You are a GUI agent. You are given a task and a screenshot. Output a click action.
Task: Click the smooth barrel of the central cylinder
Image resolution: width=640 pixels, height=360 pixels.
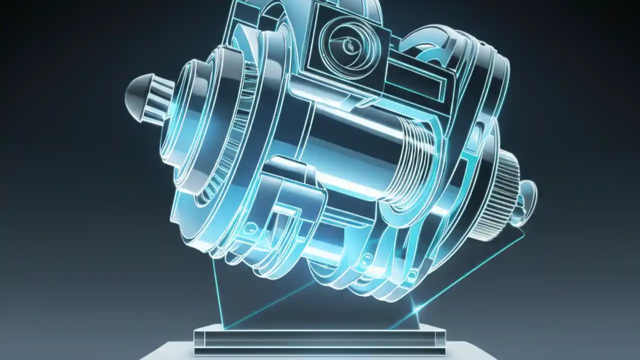[345, 145]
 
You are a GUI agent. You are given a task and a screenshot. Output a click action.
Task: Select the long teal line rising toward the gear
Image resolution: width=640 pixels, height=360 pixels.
[470, 270]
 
